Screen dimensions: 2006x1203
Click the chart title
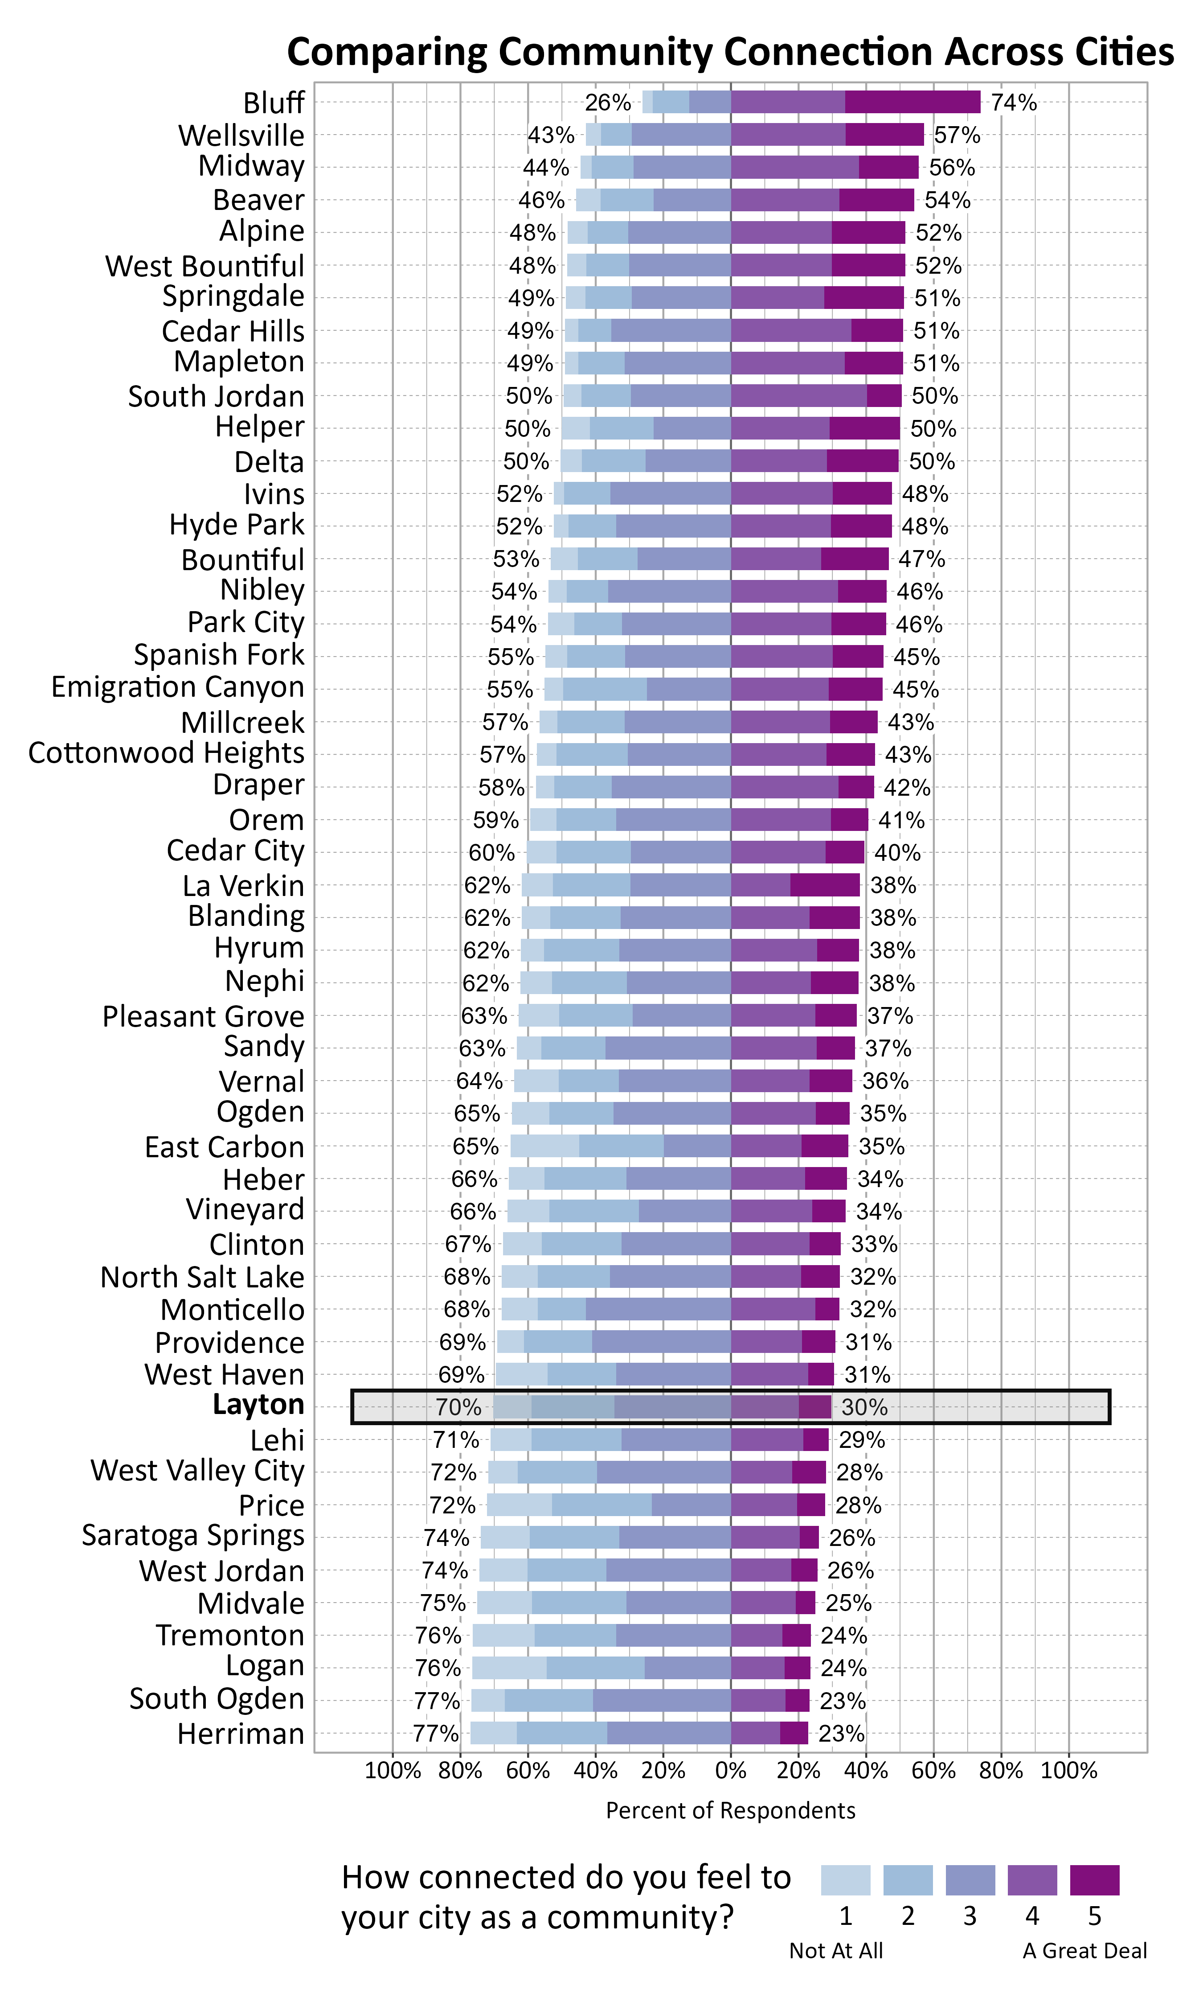coord(729,52)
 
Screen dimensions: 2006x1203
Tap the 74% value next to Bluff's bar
coord(1013,102)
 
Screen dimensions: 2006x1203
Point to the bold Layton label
coord(258,1404)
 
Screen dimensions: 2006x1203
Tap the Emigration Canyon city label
coord(177,687)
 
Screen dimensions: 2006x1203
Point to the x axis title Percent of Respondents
coord(730,1811)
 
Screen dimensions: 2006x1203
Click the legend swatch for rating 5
coord(1094,1879)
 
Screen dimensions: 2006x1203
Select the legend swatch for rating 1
coord(846,1879)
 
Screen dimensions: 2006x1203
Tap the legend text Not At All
coord(836,1950)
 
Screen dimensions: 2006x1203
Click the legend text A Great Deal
coord(1084,1950)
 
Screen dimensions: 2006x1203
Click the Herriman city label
coord(241,1734)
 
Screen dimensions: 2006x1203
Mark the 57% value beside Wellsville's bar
coord(957,135)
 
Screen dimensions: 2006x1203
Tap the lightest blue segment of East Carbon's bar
coord(545,1146)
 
